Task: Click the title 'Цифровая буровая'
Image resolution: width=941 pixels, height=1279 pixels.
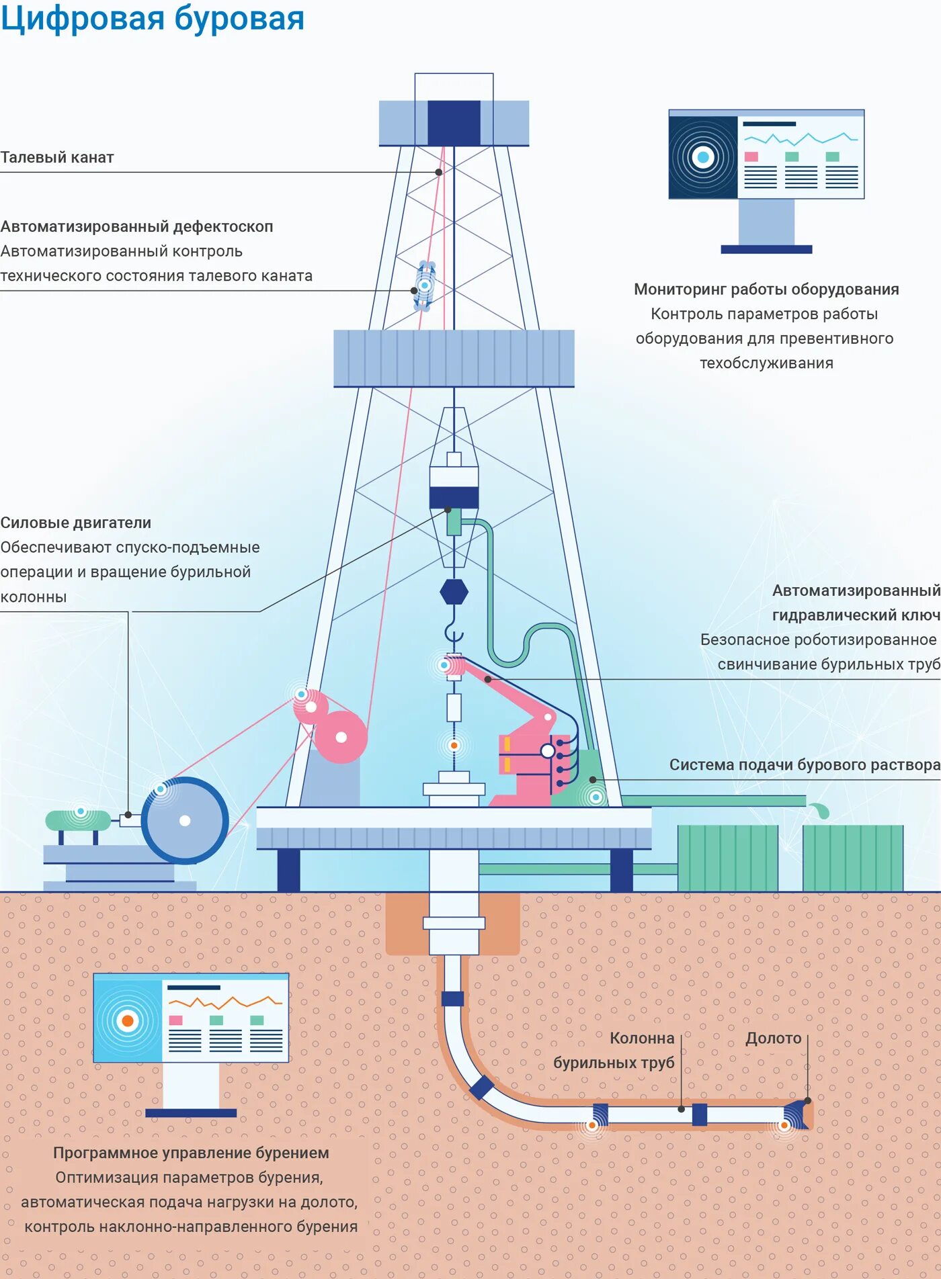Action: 153,18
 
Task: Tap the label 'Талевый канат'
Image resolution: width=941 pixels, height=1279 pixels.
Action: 57,157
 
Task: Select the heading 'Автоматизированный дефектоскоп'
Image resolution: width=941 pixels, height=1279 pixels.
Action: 136,226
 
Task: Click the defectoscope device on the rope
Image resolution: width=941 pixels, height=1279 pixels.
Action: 425,286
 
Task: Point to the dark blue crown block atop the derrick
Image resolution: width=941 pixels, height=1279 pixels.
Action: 454,123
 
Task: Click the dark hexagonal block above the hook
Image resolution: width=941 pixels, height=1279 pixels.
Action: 454,592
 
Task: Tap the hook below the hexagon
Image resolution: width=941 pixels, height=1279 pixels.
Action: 454,632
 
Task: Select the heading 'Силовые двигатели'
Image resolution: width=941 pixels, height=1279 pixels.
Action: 75,523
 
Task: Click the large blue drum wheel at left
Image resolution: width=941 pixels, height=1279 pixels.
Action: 185,820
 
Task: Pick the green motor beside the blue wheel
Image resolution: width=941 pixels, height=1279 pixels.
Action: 78,820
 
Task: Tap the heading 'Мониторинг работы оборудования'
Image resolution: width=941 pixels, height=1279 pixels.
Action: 766,290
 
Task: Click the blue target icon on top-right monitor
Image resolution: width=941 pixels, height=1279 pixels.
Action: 703,158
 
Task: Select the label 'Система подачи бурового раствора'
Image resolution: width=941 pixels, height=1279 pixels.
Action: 804,764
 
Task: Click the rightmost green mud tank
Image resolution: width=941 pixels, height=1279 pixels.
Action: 852,858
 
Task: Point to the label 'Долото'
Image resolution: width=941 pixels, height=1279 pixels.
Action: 773,1039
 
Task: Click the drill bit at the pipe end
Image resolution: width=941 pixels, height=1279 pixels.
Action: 797,1115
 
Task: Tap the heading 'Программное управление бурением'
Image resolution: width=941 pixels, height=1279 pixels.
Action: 191,1153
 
